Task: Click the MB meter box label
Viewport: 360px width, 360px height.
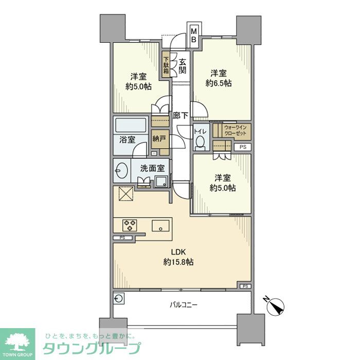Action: coord(194,35)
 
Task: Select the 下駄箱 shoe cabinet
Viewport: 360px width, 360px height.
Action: coord(166,65)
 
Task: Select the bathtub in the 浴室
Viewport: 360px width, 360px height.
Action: coord(131,126)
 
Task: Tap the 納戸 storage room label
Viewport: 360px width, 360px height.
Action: coord(160,138)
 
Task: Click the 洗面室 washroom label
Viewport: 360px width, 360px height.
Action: coord(154,168)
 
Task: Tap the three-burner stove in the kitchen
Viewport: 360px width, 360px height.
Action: coord(130,225)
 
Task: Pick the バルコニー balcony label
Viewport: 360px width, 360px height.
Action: coord(184,304)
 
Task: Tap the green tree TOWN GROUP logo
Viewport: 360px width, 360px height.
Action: coord(17,340)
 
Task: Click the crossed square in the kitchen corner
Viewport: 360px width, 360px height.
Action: coord(125,195)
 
